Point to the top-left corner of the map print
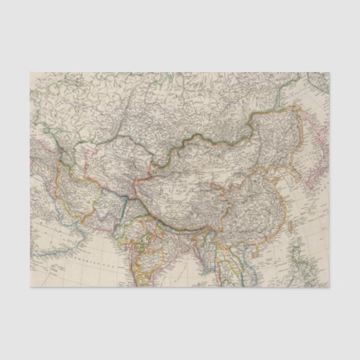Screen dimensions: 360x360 tap(30, 72)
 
